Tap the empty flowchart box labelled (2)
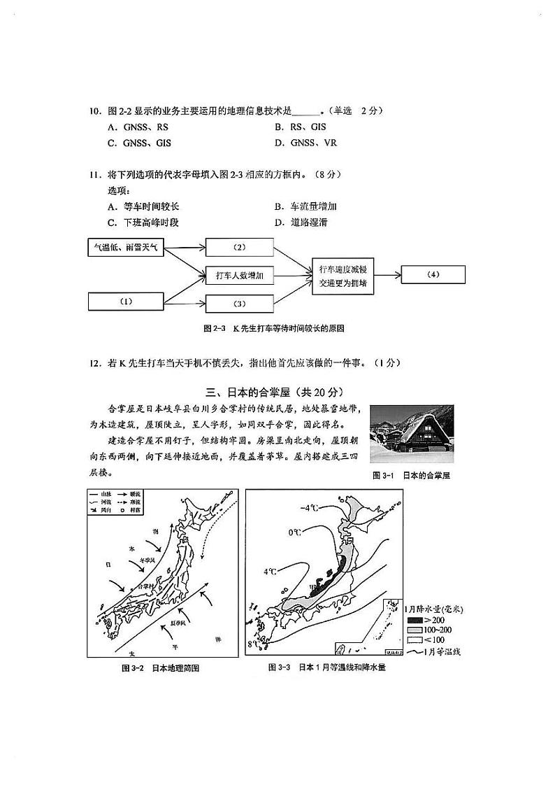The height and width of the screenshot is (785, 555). point(240,248)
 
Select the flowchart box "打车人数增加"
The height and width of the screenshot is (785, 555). point(240,276)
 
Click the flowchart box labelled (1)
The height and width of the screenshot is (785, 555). point(126,302)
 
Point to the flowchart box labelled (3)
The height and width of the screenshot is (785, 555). point(240,304)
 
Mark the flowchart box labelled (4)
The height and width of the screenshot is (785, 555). point(433,275)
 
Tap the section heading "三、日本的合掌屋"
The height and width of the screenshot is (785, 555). point(276,391)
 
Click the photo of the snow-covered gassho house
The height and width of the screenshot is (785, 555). point(411,434)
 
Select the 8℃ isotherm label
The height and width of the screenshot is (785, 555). point(252,644)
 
